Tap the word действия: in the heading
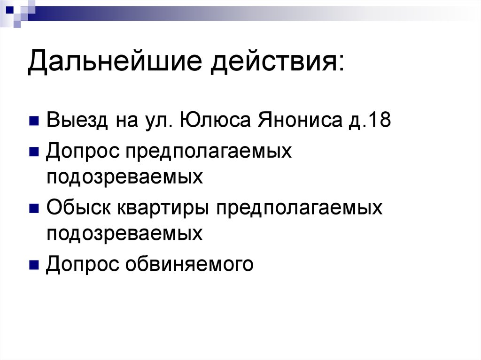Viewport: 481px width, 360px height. [x=277, y=63]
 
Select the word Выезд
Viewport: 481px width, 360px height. [x=76, y=121]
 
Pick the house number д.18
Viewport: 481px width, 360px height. [x=371, y=121]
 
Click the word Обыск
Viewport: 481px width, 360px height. [x=78, y=207]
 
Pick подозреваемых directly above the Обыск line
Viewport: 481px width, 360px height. [x=124, y=177]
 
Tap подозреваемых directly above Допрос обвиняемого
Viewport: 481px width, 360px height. [x=124, y=233]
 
